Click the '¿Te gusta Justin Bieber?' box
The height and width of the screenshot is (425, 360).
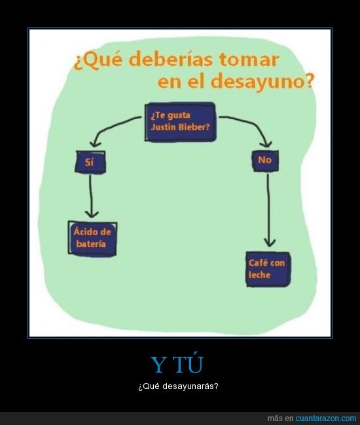coord(181,122)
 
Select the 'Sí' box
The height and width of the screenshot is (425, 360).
coord(90,162)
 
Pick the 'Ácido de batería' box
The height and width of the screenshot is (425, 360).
coord(92,238)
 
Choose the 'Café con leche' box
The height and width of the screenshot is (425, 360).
coord(268,269)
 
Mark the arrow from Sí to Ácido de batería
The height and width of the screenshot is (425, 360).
coord(91,196)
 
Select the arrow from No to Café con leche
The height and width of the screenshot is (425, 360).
coord(268,210)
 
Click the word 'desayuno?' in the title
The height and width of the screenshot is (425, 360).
coord(262,81)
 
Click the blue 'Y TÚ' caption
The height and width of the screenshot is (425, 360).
coord(177,365)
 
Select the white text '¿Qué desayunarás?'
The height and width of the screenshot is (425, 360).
coord(178,386)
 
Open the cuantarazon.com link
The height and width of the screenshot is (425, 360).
coord(325,418)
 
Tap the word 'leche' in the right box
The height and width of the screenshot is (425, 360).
coord(260,275)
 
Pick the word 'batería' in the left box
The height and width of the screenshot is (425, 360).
coord(91,244)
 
